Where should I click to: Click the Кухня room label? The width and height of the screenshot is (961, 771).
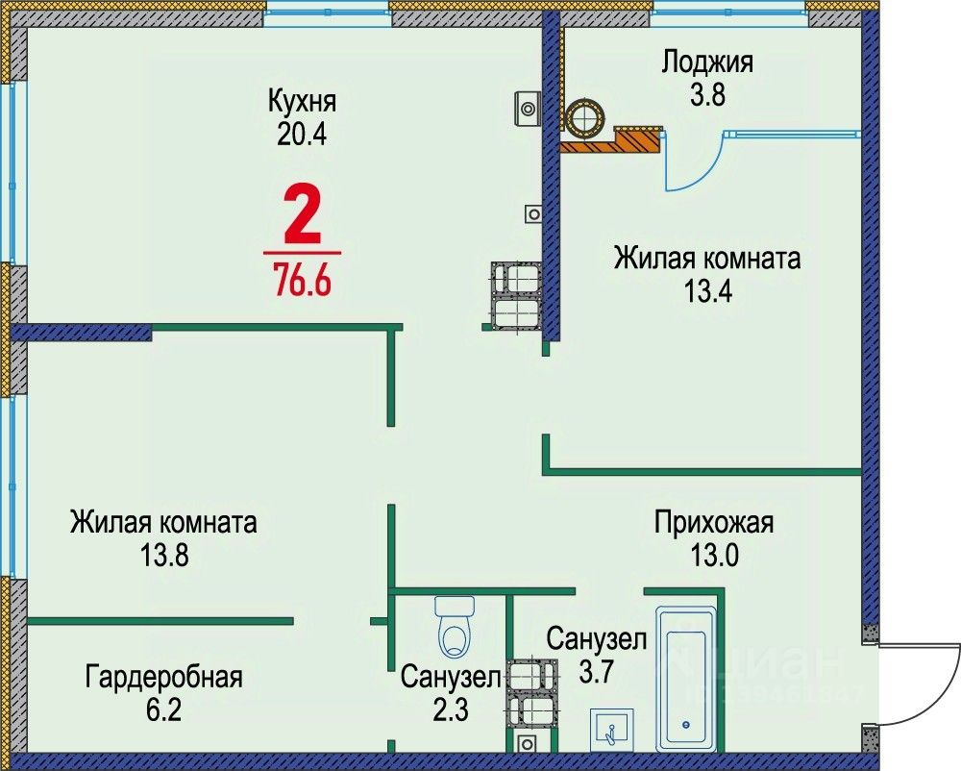coord(302,100)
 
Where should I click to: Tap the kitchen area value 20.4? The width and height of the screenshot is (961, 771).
coord(302,134)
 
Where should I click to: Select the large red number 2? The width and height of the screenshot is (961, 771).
coord(302,217)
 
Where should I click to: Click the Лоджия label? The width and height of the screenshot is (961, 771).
coord(707,62)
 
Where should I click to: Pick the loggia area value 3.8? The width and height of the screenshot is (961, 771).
coord(707,95)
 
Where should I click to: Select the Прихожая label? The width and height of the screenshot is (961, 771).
coord(714,523)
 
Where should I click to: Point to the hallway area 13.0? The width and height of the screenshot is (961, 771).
coord(714,555)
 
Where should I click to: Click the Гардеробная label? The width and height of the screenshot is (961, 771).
coord(163,677)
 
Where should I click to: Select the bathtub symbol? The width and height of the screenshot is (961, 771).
coord(685,678)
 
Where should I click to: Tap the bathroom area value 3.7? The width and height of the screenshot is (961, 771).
coord(596,669)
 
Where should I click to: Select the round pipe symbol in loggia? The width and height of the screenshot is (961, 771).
coord(584,117)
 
